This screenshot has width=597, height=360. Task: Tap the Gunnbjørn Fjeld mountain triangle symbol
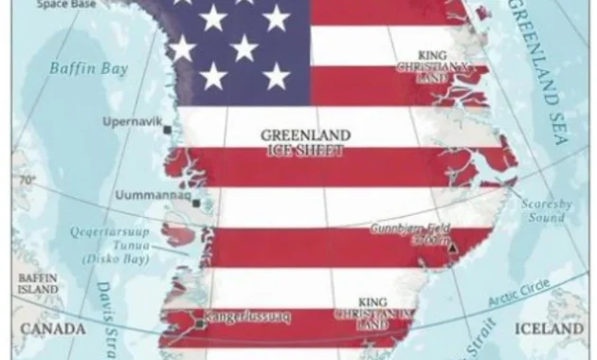point(453,248)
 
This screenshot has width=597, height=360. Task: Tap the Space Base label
point(64,4)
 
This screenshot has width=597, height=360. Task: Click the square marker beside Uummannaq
point(197,202)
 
